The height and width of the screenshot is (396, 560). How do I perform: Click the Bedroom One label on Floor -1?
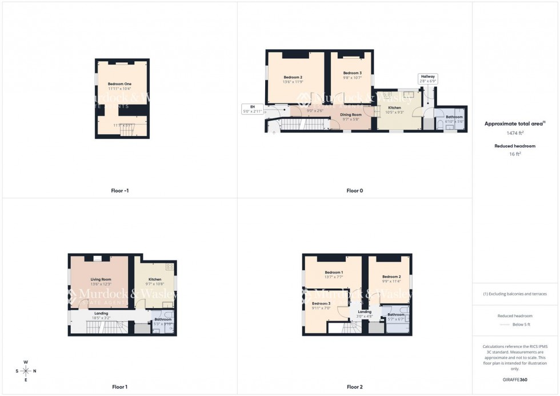tap(119, 84)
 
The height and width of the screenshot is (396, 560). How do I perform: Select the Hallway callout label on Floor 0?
tap(428, 76)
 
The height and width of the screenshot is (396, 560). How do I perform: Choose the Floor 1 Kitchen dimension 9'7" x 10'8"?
tap(154, 284)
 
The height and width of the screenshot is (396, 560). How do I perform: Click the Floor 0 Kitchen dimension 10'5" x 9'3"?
tap(394, 112)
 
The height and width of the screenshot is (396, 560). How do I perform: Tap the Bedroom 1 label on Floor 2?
tap(334, 273)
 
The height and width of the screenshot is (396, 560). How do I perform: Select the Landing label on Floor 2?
tap(365, 311)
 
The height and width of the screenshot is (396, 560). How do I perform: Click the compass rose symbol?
tap(26, 371)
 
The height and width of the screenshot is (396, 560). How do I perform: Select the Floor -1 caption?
tap(119, 190)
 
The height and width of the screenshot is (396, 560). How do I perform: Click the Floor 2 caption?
tap(354, 387)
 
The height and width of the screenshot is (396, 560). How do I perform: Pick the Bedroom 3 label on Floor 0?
tap(353, 73)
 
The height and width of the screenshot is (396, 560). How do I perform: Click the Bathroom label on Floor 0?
tap(454, 117)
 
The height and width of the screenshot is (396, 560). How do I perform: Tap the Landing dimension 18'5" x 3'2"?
tap(101, 318)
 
